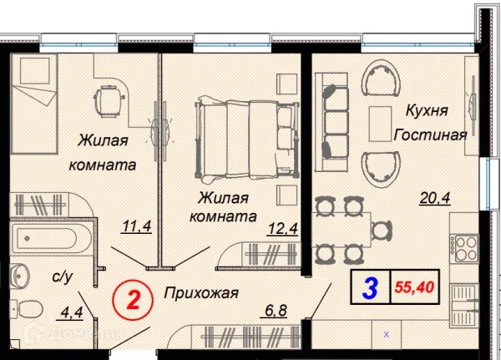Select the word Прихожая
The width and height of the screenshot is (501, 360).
(201, 293)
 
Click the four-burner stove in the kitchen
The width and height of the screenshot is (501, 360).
(465, 248)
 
